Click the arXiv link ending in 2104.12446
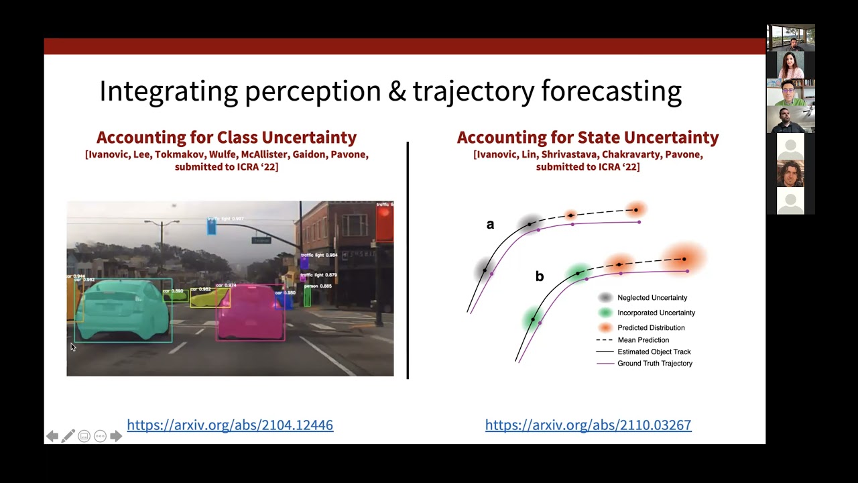(230, 425)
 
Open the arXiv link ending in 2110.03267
(588, 425)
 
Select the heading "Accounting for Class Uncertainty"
(227, 138)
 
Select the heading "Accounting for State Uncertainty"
(588, 138)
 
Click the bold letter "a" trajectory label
(490, 225)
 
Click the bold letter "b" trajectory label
(539, 276)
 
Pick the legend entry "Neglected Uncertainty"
(652, 298)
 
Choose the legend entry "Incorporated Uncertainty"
(656, 313)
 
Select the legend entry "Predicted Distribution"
(650, 328)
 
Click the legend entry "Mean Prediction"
(643, 340)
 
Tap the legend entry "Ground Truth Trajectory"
(654, 364)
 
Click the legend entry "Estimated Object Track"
(654, 352)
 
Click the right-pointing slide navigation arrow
(116, 436)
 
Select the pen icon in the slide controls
(68, 436)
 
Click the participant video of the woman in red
(791, 65)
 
